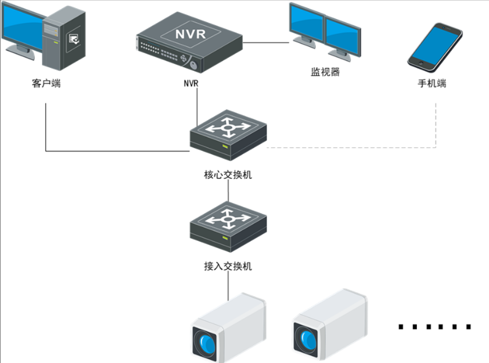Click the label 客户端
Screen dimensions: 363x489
(x=46, y=83)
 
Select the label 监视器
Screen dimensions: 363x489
(x=325, y=72)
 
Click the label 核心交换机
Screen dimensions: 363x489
(x=228, y=174)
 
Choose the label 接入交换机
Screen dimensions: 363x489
(x=228, y=267)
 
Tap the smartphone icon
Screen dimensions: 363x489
(x=435, y=46)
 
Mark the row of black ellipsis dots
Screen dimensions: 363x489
(x=435, y=327)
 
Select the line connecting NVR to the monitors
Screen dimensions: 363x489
(x=265, y=43)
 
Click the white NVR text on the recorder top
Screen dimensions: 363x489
(x=189, y=33)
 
